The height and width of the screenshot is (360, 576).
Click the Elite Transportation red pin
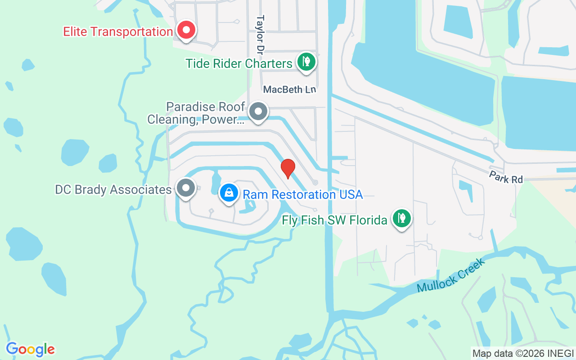pyautogui.click(x=185, y=30)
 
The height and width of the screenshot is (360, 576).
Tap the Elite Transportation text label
pyautogui.click(x=118, y=32)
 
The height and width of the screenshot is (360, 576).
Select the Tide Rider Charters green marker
pyautogui.click(x=306, y=61)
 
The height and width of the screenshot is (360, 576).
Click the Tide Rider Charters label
pyautogui.click(x=239, y=63)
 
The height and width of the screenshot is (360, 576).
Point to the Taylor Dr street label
pyautogui.click(x=260, y=34)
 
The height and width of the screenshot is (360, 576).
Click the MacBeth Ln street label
pyautogui.click(x=290, y=90)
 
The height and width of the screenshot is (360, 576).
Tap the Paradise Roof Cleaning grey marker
pyautogui.click(x=259, y=111)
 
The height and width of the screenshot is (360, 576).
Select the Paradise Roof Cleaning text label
pyautogui.click(x=196, y=113)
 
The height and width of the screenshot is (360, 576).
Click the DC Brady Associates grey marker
pyautogui.click(x=185, y=188)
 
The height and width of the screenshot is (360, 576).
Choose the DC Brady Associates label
pyautogui.click(x=113, y=190)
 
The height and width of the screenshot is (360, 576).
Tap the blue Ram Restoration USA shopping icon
pyautogui.click(x=229, y=193)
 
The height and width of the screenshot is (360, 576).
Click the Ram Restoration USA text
pyautogui.click(x=302, y=194)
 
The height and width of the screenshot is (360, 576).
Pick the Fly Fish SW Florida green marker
pyautogui.click(x=401, y=218)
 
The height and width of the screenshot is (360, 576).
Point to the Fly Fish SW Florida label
pyautogui.click(x=334, y=220)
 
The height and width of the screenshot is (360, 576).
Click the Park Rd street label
pyautogui.click(x=506, y=177)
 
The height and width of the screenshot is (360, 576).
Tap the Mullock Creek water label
pyautogui.click(x=451, y=274)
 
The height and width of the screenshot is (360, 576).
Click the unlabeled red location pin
pyautogui.click(x=288, y=167)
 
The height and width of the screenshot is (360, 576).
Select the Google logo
pyautogui.click(x=30, y=349)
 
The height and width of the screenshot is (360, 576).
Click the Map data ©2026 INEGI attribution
pyautogui.click(x=523, y=353)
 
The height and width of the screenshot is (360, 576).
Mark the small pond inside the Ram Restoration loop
pyautogui.click(x=248, y=207)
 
